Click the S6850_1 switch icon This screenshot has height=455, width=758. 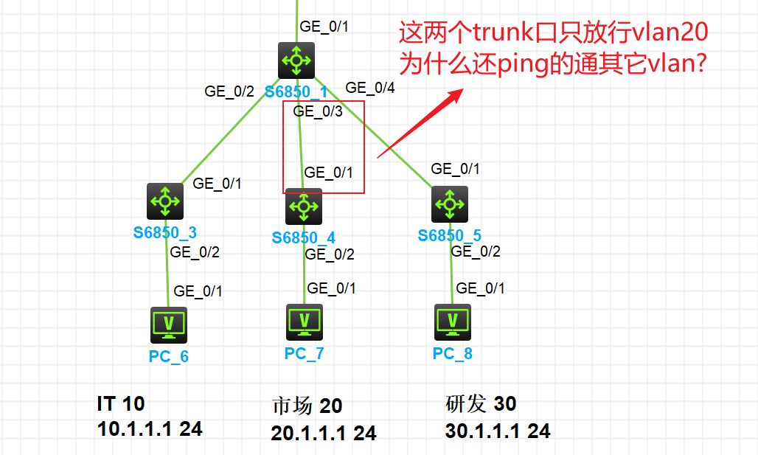[296, 60]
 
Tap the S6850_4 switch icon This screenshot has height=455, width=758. [304, 206]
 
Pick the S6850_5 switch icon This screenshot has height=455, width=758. [450, 204]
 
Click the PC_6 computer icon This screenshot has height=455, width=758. [169, 325]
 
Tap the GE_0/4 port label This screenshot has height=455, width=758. [370, 88]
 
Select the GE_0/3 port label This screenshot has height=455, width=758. [318, 111]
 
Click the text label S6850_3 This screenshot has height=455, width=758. [165, 233]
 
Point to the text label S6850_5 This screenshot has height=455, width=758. [450, 235]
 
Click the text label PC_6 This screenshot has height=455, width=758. [169, 357]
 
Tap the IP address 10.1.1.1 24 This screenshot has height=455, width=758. [150, 429]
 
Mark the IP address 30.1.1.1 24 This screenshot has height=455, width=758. [498, 431]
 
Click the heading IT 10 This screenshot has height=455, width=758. [121, 404]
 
